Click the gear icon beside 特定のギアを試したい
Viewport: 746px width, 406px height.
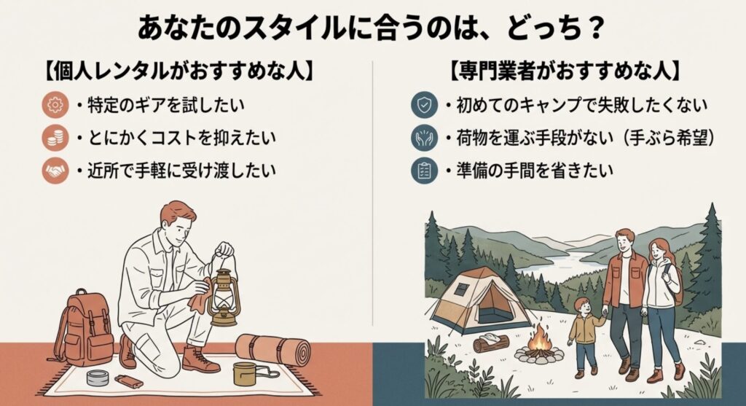click(x=54, y=106)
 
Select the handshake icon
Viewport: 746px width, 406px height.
click(x=54, y=170)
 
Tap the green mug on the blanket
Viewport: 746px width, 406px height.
click(x=244, y=372)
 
